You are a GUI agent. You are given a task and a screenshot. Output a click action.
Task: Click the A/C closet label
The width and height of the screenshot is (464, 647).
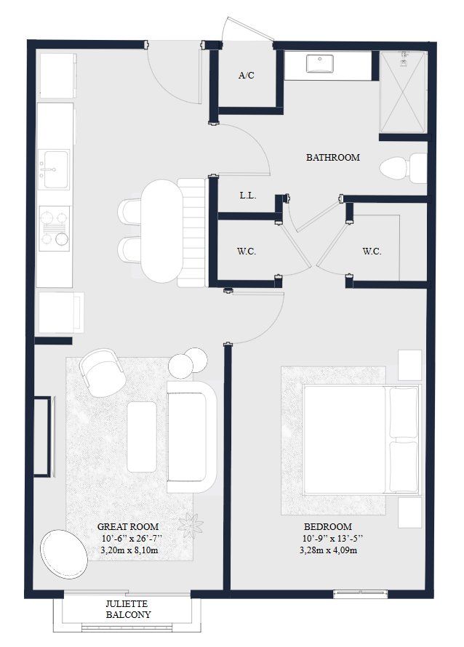[246, 76]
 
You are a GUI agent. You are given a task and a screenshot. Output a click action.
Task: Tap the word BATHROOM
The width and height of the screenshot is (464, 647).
[332, 157]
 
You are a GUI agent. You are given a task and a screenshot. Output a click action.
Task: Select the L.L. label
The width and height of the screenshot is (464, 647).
[246, 196]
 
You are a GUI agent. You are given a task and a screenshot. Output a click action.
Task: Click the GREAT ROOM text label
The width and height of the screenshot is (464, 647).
[128, 526]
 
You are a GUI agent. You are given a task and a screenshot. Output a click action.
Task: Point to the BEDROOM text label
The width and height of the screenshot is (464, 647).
[328, 526]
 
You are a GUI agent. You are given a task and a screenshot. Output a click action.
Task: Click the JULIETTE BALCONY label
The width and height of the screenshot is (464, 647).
[127, 609]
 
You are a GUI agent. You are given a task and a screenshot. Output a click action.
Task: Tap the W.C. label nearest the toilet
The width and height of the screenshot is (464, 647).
[372, 252]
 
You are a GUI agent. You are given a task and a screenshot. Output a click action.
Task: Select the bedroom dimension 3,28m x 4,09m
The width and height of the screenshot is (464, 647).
[328, 550]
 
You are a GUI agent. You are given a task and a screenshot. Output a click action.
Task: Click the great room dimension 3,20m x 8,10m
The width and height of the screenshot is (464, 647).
[128, 550]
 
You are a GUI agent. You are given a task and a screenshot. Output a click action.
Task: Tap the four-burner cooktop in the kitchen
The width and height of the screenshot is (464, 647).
[55, 226]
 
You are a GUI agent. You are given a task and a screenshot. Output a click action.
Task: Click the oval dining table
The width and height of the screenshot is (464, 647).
[159, 230]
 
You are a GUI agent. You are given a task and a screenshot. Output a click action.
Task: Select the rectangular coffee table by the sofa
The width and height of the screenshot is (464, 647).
[141, 436]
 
